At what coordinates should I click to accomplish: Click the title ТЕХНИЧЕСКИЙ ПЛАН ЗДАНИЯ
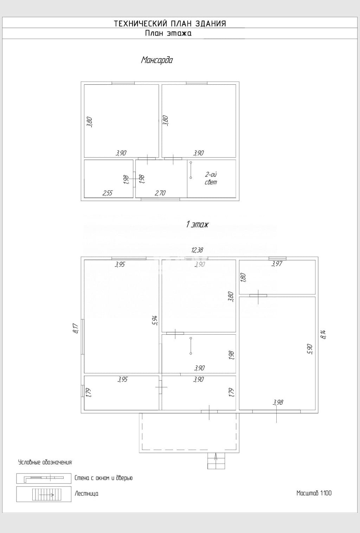click(170, 24)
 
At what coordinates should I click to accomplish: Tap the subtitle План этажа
click(168, 33)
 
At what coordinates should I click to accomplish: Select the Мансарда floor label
click(157, 60)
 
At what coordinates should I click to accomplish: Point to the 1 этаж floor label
click(197, 224)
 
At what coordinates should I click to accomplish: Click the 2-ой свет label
click(211, 178)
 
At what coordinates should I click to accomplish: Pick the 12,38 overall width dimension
click(197, 250)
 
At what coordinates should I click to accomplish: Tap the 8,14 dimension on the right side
click(323, 334)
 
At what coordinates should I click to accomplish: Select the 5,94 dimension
click(155, 320)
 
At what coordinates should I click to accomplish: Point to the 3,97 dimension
click(277, 264)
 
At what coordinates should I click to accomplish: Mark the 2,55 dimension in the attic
click(107, 193)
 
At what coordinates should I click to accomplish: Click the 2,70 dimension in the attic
click(160, 193)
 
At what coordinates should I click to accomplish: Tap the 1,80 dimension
click(243, 277)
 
